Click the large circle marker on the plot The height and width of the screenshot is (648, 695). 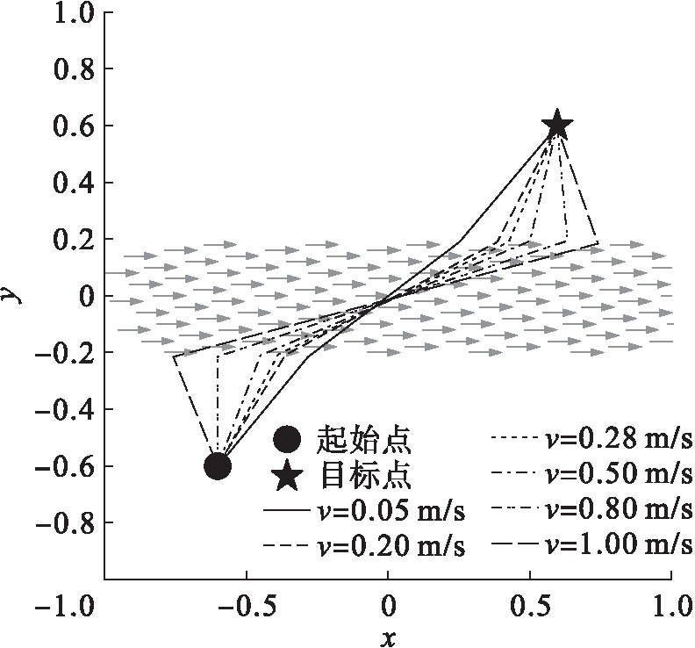click(x=218, y=465)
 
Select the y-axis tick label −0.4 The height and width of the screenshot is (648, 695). click(x=64, y=409)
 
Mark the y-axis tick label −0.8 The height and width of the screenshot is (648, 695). click(x=64, y=522)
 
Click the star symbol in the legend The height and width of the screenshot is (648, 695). click(x=289, y=476)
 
